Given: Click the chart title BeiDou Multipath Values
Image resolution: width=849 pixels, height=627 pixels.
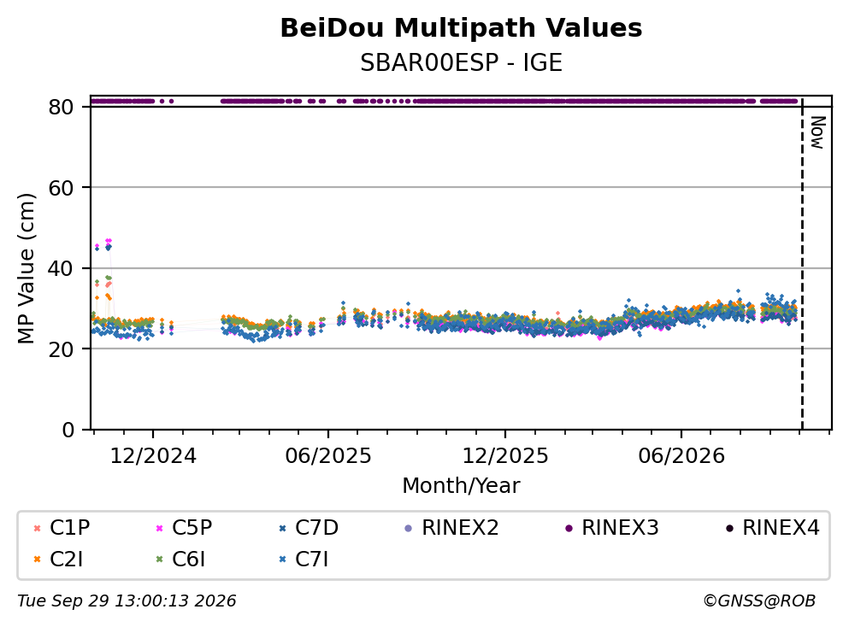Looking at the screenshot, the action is pyautogui.click(x=461, y=28).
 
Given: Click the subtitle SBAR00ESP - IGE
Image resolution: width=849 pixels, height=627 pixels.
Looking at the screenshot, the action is pyautogui.click(x=461, y=62).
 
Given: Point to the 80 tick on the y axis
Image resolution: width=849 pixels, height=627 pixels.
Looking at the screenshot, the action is pyautogui.click(x=61, y=107).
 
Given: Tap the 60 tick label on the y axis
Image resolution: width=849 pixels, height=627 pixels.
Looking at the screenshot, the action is pyautogui.click(x=61, y=188).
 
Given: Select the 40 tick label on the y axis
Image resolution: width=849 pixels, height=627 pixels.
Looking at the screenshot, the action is pyautogui.click(x=61, y=268).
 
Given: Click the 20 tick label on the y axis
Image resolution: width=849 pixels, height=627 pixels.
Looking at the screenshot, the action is pyautogui.click(x=61, y=349).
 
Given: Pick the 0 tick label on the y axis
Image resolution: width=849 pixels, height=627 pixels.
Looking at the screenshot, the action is pyautogui.click(x=68, y=430).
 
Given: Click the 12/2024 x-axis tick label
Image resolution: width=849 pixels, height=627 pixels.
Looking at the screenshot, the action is pyautogui.click(x=153, y=456).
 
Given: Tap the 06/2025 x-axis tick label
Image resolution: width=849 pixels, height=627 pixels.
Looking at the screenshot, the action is pyautogui.click(x=328, y=456).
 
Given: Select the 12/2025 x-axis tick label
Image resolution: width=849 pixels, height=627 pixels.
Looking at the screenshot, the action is pyautogui.click(x=504, y=456).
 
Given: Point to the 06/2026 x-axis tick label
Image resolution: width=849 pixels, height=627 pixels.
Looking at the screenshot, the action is pyautogui.click(x=681, y=456).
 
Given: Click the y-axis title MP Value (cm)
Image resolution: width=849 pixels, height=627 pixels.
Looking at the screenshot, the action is pyautogui.click(x=27, y=268).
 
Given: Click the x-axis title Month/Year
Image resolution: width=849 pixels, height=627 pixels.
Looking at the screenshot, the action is pyautogui.click(x=461, y=485).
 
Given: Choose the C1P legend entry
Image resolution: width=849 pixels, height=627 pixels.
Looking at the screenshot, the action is pyautogui.click(x=62, y=527).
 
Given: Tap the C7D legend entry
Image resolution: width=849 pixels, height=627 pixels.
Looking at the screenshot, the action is pyautogui.click(x=308, y=527).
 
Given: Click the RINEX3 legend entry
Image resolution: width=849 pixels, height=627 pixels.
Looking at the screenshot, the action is pyautogui.click(x=611, y=527).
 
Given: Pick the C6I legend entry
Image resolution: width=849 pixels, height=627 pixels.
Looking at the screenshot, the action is pyautogui.click(x=180, y=560).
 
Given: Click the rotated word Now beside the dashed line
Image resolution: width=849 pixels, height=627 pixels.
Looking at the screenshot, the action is pyautogui.click(x=817, y=132).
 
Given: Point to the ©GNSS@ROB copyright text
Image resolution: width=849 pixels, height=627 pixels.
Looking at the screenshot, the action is pyautogui.click(x=759, y=601).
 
